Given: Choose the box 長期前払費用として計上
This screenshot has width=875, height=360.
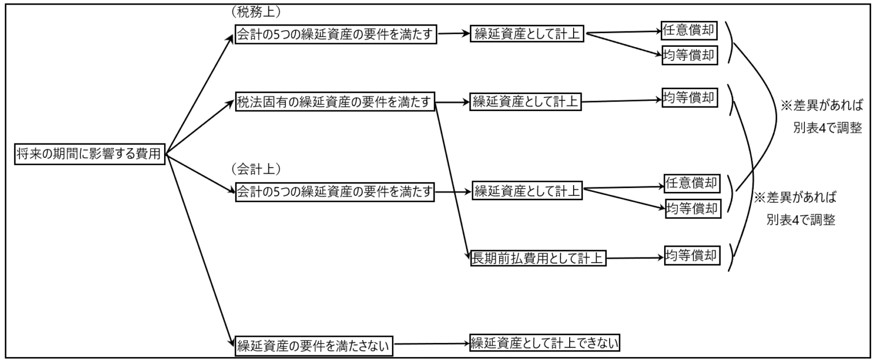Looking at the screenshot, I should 535,259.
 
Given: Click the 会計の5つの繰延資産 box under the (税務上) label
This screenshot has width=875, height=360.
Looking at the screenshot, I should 336,35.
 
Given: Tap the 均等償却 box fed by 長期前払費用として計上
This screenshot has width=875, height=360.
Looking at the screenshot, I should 692,256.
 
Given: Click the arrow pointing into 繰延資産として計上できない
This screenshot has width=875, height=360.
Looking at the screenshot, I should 432,343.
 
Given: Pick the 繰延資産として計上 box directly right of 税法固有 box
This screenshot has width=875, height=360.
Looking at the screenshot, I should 525,103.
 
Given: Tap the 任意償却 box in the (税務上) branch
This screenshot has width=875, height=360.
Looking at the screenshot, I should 689,29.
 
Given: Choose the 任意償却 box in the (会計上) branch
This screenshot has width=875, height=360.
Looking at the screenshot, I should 692,183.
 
